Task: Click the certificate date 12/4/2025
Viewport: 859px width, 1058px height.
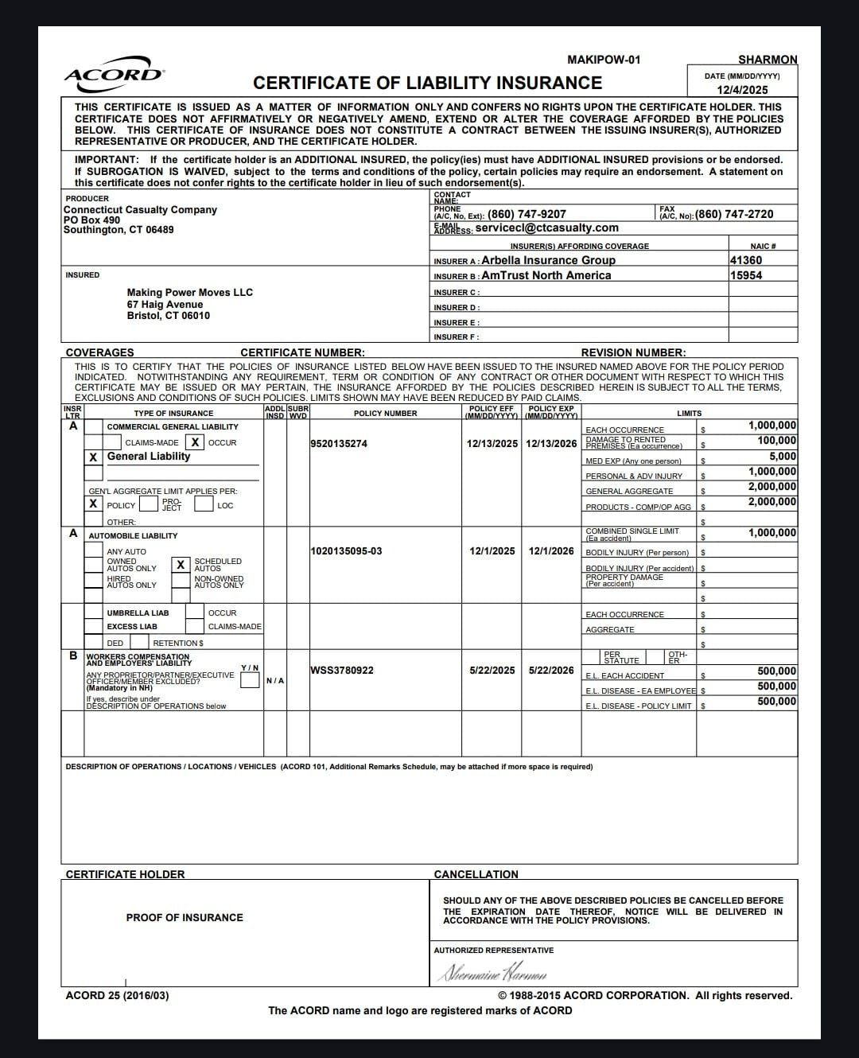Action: point(742,90)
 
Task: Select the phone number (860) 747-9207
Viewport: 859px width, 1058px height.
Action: point(527,214)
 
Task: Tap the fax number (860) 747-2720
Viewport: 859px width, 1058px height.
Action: point(734,214)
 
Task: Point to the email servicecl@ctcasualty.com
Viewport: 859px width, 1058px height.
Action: point(546,228)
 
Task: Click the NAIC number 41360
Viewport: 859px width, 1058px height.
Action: point(746,260)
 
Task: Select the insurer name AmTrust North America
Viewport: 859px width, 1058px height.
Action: point(546,275)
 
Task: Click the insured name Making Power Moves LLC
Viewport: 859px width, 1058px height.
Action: point(189,292)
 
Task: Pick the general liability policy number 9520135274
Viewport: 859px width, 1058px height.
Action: point(339,444)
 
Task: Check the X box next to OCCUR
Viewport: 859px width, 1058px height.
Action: point(195,442)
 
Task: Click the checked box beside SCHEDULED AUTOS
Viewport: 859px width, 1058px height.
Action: point(181,565)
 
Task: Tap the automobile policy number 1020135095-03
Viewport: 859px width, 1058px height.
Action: point(346,550)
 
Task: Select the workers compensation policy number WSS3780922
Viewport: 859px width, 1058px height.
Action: point(342,671)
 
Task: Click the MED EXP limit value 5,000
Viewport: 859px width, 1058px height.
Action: point(783,457)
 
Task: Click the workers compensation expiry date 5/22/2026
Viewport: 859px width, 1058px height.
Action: point(551,671)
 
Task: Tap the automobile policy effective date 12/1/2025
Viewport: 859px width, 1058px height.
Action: point(492,550)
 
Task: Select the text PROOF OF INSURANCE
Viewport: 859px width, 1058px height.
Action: point(185,918)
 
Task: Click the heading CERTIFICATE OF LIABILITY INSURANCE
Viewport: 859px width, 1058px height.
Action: point(427,83)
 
